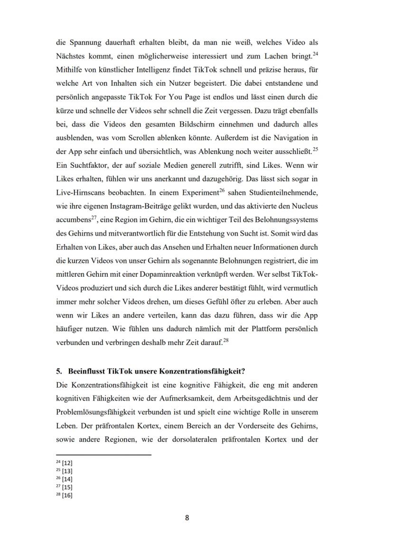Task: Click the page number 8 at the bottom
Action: pyautogui.click(x=187, y=518)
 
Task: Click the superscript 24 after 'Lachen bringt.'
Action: pyautogui.click(x=315, y=54)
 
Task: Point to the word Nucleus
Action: pyautogui.click(x=305, y=206)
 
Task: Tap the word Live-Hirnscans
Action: pyautogui.click(x=79, y=192)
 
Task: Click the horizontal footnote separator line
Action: pyautogui.click(x=103, y=455)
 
